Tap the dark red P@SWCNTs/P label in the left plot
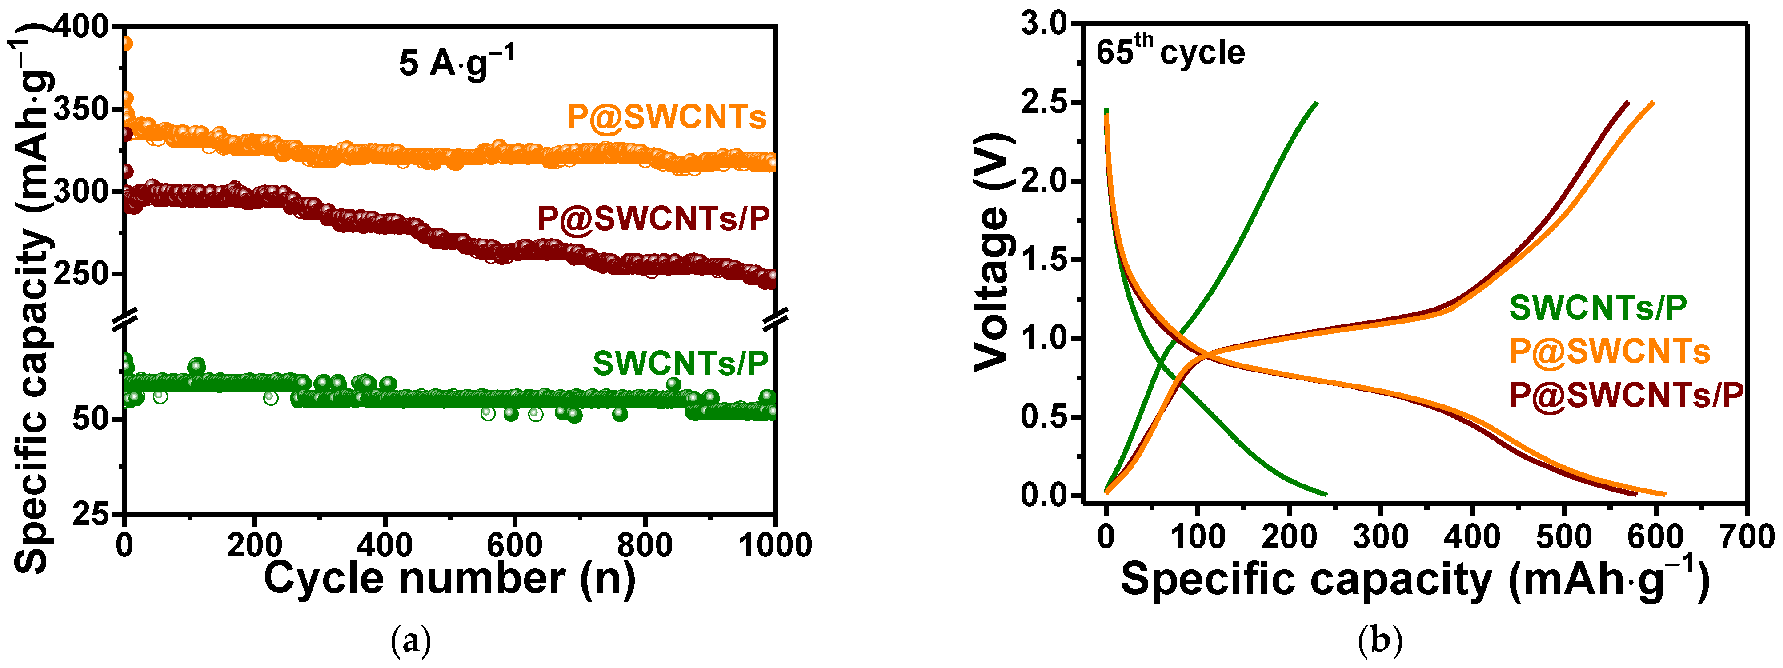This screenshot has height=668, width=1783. point(653,219)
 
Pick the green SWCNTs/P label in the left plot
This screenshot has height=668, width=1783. point(681,364)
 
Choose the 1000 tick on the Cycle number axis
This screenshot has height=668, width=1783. point(774,545)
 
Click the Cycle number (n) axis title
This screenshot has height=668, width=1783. point(449,578)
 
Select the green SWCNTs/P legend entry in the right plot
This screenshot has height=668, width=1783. point(1598,308)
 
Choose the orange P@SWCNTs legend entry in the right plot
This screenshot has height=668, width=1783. point(1609,352)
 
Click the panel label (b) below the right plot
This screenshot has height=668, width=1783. point(1379,641)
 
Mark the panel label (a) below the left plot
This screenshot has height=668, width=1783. point(411,641)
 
